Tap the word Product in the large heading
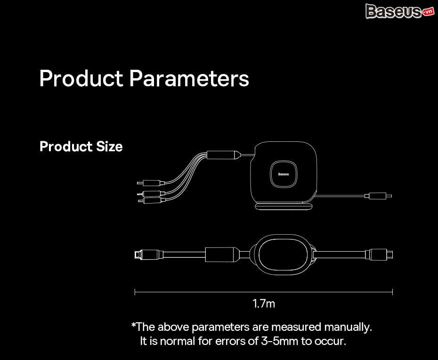coord(81,78)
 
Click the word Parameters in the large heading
coord(189,78)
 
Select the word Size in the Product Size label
coord(109,147)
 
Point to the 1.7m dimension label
coord(264,303)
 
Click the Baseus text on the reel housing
coord(284,174)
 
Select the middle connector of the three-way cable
coord(151,193)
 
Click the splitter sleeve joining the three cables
coord(223,155)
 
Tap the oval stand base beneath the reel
coord(284,206)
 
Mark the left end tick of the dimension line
coord(135,292)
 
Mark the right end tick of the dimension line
coord(392,292)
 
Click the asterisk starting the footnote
coord(134,325)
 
